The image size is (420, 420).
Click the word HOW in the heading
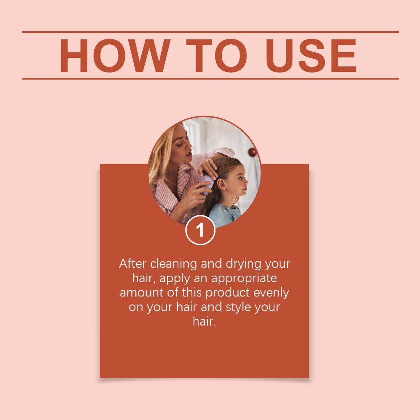[115, 55]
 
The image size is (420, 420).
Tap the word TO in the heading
[217, 55]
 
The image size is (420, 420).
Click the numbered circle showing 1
[200, 230]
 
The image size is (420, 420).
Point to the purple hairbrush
[206, 184]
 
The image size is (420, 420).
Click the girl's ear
[221, 184]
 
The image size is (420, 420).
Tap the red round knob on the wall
[252, 153]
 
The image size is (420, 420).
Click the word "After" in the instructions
[132, 264]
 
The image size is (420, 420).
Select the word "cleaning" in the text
[173, 264]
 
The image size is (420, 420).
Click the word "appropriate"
[244, 278]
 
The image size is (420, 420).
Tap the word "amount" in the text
[142, 292]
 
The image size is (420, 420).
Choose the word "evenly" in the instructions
[271, 293]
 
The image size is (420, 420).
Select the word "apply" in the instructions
[175, 278]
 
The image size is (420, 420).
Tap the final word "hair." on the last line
[204, 321]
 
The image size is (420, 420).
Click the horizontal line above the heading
[210, 32]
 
